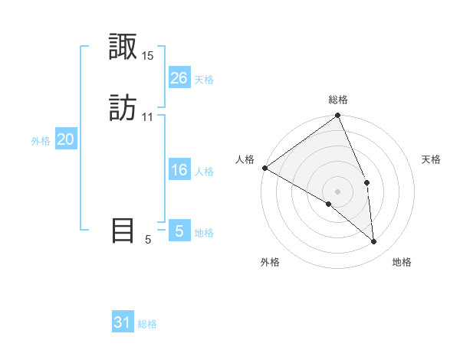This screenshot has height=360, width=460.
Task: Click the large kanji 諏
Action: [123, 48]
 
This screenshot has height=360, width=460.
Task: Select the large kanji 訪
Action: [123, 108]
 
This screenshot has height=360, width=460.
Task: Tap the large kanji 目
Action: [123, 231]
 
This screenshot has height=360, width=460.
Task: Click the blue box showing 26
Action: [179, 78]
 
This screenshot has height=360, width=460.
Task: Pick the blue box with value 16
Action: [179, 170]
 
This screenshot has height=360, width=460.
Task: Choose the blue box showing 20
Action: [65, 139]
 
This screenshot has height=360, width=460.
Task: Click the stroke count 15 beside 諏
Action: [148, 56]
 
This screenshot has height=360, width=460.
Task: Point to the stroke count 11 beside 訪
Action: [148, 117]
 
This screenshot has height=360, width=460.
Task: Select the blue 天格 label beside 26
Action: [204, 80]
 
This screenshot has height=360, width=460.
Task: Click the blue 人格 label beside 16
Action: [204, 172]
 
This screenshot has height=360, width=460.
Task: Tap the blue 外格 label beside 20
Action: [41, 141]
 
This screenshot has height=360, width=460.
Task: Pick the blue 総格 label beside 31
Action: [147, 324]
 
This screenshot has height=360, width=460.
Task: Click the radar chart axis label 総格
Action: [338, 100]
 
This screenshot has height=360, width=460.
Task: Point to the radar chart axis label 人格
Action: [245, 159]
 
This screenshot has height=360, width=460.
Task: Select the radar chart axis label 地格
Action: [402, 262]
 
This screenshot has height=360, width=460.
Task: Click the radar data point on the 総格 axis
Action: [338, 116]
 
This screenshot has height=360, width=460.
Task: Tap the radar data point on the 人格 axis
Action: [264, 168]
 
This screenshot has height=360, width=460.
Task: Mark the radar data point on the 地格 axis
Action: [373, 242]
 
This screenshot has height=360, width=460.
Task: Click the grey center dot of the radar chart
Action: [338, 191]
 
